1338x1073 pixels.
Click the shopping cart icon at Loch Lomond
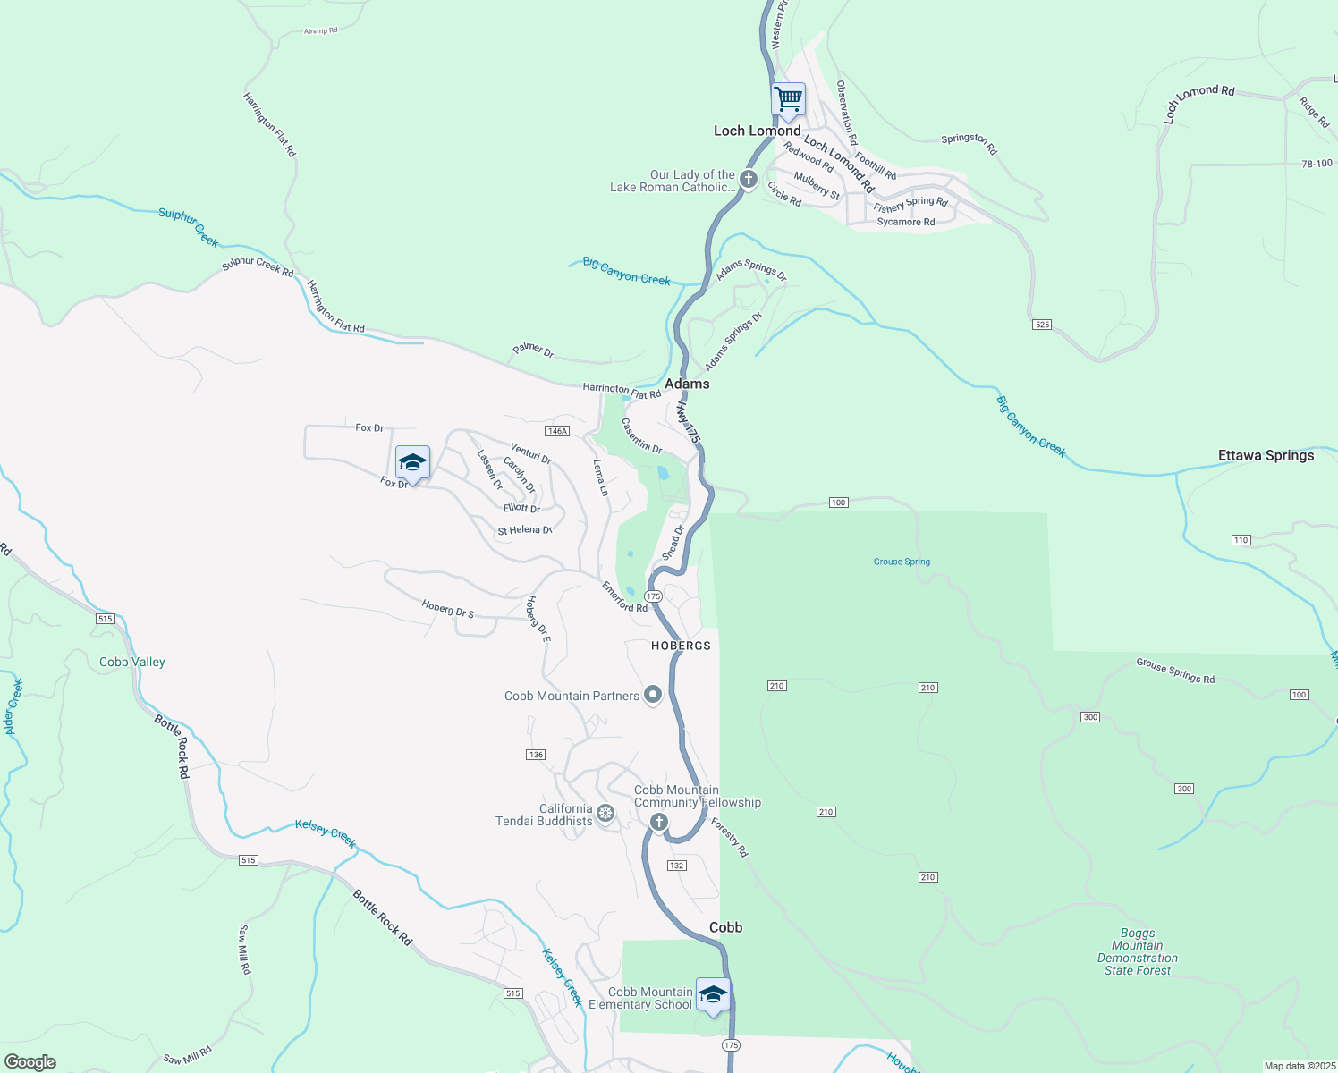(788, 100)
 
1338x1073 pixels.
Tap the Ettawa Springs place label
(1266, 455)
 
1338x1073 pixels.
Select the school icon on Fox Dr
(412, 463)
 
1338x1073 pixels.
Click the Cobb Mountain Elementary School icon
(713, 995)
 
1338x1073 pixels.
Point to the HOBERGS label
(681, 646)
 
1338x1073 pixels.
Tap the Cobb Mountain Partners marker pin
(653, 695)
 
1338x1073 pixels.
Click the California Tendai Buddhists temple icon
(605, 813)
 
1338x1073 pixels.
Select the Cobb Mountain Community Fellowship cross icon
(659, 822)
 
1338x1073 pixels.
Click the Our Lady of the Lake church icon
(749, 180)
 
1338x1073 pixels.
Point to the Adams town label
(687, 384)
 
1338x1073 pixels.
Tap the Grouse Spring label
(902, 562)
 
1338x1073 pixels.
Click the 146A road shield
(557, 431)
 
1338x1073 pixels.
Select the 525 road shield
(1041, 324)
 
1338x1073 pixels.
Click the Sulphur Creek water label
(189, 227)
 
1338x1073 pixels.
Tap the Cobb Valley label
(132, 662)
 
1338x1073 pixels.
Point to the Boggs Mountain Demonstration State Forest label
(1137, 951)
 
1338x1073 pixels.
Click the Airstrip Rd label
(320, 31)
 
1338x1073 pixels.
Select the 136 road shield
(536, 755)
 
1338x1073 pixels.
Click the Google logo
(30, 1061)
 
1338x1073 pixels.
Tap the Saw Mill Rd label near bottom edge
(188, 1055)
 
